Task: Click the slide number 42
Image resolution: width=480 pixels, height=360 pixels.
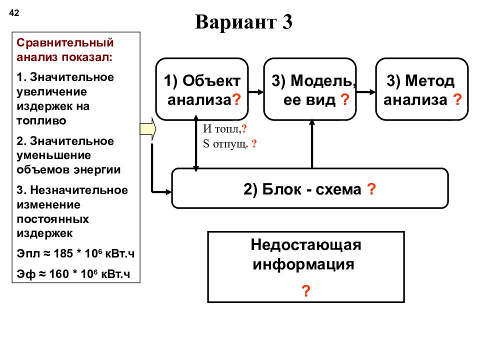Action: [14, 13]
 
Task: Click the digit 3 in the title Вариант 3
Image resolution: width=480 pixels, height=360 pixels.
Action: [287, 22]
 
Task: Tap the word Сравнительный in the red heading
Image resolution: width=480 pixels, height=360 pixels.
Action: [65, 43]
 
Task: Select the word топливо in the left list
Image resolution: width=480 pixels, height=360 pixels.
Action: [41, 121]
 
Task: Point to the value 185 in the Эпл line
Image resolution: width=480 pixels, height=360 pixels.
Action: [63, 254]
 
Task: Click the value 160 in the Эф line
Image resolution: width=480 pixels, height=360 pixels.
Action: [59, 274]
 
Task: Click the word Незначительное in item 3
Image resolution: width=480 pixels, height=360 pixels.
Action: [79, 190]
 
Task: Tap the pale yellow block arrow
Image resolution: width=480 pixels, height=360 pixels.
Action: [148, 129]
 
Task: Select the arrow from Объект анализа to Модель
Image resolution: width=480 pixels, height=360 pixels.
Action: [256, 92]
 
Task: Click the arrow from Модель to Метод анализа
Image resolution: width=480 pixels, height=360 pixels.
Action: [366, 92]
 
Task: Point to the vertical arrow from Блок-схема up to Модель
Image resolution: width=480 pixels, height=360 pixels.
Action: [312, 144]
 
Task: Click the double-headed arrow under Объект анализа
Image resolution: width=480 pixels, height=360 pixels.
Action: [196, 143]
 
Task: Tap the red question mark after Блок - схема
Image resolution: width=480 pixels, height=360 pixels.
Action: [371, 189]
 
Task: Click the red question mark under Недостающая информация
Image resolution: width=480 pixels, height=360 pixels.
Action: [306, 290]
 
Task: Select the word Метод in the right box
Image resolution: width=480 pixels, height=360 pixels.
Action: [430, 81]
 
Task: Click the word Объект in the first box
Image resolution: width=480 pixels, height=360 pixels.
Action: [211, 81]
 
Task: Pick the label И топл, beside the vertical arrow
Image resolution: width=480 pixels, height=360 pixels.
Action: [222, 129]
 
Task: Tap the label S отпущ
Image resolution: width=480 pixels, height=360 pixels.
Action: [225, 143]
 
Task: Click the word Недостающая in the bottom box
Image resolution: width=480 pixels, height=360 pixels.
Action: [306, 245]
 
